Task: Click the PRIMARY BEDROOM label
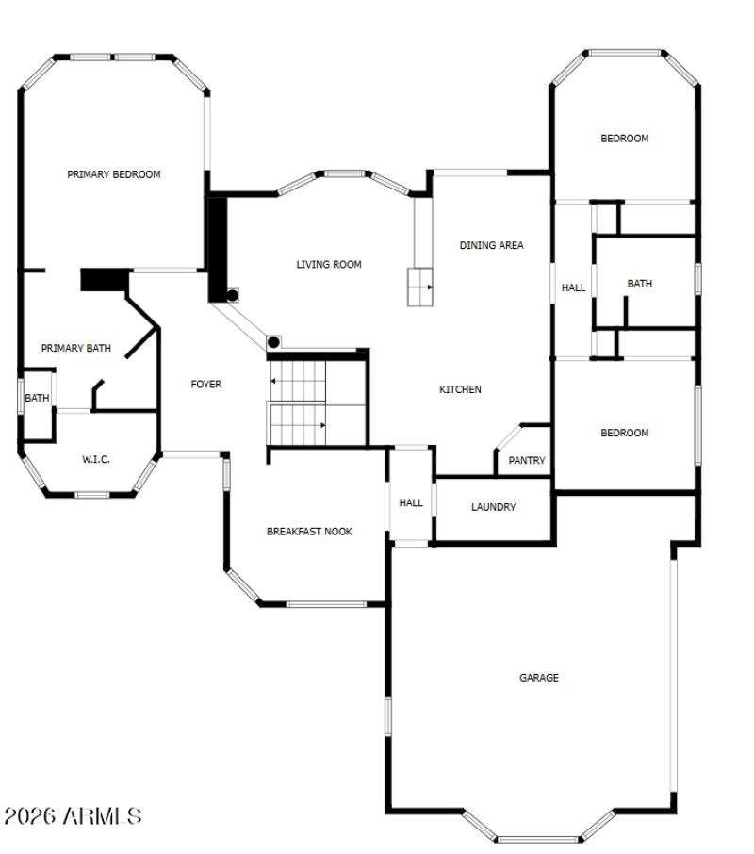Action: click(113, 174)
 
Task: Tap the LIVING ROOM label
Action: click(329, 265)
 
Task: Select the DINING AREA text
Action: click(491, 246)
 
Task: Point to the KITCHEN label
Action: click(461, 390)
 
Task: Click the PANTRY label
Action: click(527, 461)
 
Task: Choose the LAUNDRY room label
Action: click(493, 508)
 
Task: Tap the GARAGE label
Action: click(539, 678)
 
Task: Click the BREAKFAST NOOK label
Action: click(309, 532)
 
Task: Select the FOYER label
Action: click(206, 385)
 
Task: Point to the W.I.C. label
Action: click(96, 460)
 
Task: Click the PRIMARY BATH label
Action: click(76, 349)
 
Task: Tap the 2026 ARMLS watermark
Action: click(73, 815)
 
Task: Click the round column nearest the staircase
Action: click(274, 342)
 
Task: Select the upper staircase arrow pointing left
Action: click(273, 382)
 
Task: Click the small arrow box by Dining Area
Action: click(420, 287)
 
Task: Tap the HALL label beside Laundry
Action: click(411, 503)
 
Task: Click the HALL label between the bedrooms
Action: click(573, 288)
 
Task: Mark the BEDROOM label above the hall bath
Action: click(625, 140)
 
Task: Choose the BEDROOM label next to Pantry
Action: click(625, 434)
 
